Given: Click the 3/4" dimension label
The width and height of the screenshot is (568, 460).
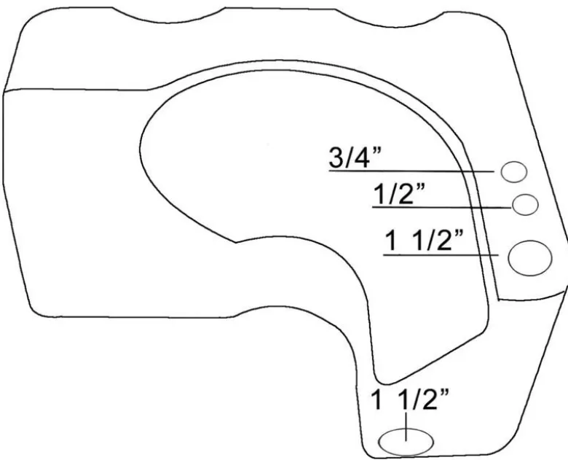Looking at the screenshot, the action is [355, 157].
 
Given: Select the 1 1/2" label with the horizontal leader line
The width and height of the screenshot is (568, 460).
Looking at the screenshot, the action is [425, 240].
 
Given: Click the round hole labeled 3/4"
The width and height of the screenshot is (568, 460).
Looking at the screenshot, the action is [513, 172].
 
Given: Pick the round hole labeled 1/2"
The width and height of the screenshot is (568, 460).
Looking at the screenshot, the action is [525, 205].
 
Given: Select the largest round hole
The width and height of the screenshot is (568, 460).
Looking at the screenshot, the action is [530, 258].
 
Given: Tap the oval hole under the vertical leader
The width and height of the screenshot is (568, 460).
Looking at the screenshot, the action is [406, 442].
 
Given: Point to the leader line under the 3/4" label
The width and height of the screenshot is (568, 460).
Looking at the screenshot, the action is [411, 171].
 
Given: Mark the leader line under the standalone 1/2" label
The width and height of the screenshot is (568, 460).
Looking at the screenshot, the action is [442, 207].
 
